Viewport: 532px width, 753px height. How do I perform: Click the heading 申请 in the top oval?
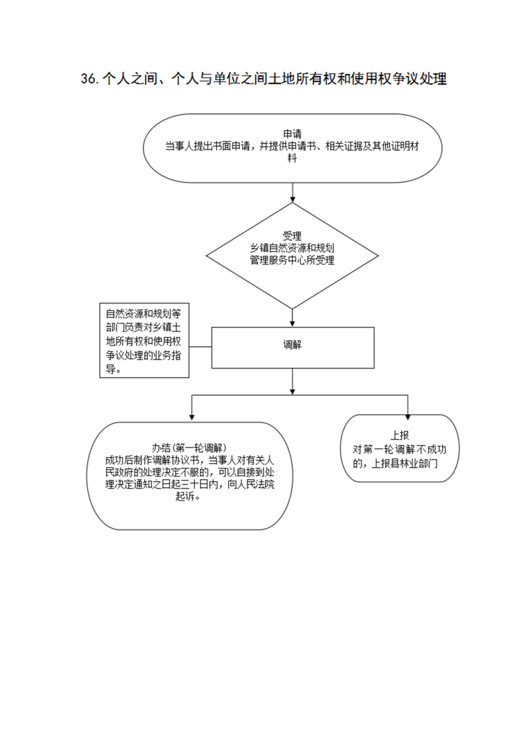292,134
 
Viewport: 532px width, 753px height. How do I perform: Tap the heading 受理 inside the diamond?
292,236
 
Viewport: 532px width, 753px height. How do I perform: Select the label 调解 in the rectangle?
292,344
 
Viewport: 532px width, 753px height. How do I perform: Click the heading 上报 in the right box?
399,436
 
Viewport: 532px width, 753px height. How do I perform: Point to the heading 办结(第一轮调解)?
190,448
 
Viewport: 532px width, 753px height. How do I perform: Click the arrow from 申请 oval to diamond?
292,193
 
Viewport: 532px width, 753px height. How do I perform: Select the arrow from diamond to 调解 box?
292,317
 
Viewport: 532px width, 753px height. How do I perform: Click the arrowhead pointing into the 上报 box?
408,417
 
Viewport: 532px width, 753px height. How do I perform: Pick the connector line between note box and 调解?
200,347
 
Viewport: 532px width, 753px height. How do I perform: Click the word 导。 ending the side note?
113,369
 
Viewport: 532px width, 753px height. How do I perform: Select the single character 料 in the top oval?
292,158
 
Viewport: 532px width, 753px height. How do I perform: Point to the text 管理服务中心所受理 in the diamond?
292,260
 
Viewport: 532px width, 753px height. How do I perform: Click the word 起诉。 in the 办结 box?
188,497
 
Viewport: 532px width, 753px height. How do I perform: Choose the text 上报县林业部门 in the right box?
405,464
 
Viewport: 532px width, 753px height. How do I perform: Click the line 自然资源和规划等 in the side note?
144,314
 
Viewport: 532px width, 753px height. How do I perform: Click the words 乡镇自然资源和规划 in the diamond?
292,248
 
